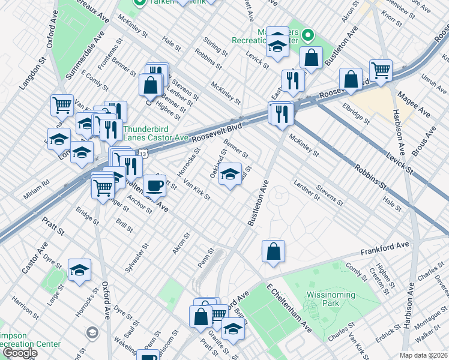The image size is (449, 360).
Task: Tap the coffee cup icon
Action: pyautogui.click(x=155, y=185)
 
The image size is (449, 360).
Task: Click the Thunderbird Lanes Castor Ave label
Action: pyautogui.click(x=156, y=132)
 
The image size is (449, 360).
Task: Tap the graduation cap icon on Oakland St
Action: pyautogui.click(x=231, y=175)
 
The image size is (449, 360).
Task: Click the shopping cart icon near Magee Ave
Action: pyautogui.click(x=381, y=71)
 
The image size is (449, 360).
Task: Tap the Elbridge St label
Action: pyautogui.click(x=354, y=114)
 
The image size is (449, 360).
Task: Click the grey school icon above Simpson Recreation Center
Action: pyautogui.click(x=92, y=331)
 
